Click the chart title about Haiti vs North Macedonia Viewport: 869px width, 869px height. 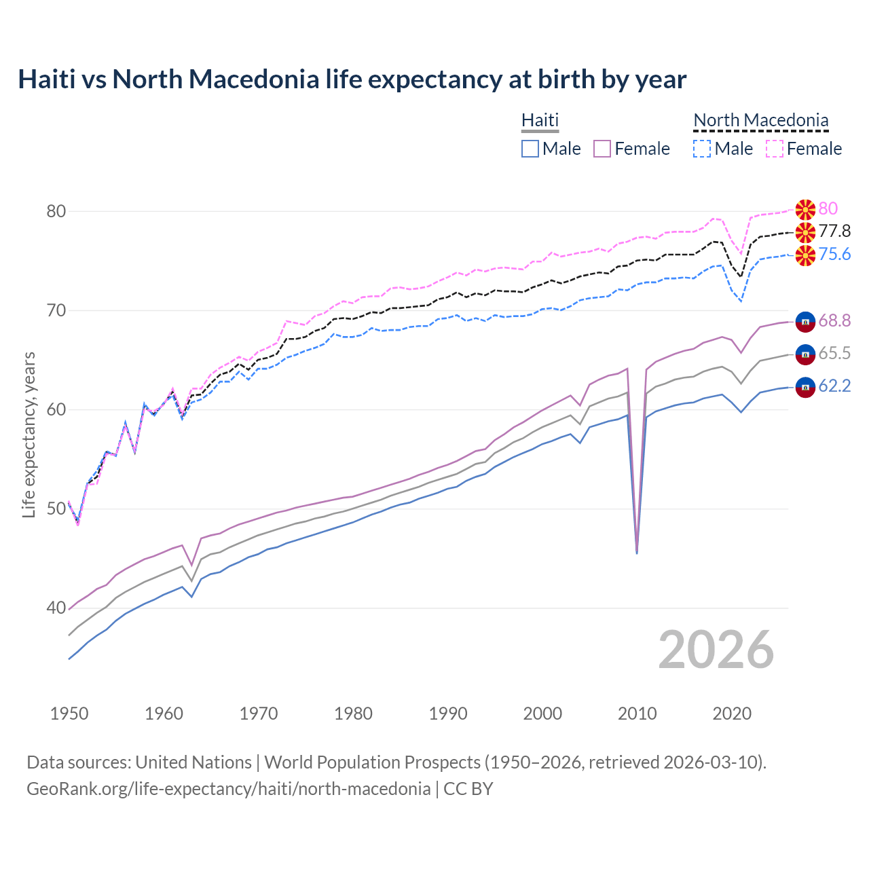pos(352,79)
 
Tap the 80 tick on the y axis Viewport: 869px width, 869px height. pos(56,211)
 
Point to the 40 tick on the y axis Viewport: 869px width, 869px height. pos(56,608)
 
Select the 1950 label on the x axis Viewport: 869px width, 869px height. pos(69,714)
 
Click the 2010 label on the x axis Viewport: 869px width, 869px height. pos(637,714)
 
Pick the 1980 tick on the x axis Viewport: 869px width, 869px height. pos(353,714)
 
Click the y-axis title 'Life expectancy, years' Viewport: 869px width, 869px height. pos(29,434)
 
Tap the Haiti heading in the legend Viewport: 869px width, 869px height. pos(540,120)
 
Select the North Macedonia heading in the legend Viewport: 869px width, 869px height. pos(760,120)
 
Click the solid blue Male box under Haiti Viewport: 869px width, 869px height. pos(530,149)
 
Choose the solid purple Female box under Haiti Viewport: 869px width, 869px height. pos(602,149)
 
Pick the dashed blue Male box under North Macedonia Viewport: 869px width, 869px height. pos(702,149)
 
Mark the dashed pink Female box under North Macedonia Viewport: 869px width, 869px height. pos(774,149)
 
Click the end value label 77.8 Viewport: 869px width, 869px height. pos(834,232)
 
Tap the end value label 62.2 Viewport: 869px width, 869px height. pos(834,386)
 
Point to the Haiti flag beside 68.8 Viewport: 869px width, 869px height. pos(805,321)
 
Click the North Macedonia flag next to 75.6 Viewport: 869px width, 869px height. pos(805,256)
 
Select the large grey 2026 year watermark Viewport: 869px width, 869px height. pos(716,650)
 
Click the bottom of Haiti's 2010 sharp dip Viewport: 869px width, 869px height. pos(636,553)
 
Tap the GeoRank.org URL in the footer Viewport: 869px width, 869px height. pos(228,789)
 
